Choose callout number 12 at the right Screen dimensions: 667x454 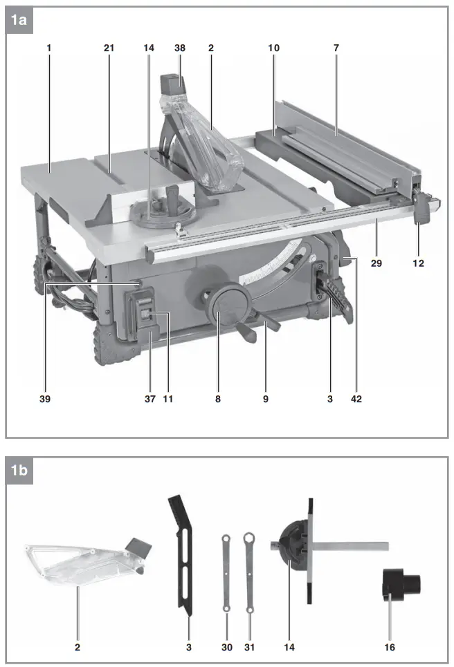point(419,263)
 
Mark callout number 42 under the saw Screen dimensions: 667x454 point(356,399)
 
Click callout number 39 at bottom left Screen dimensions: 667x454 point(46,399)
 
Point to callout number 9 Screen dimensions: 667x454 point(265,399)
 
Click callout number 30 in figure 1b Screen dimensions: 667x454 point(226,647)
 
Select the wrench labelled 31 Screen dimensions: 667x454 point(248,571)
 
